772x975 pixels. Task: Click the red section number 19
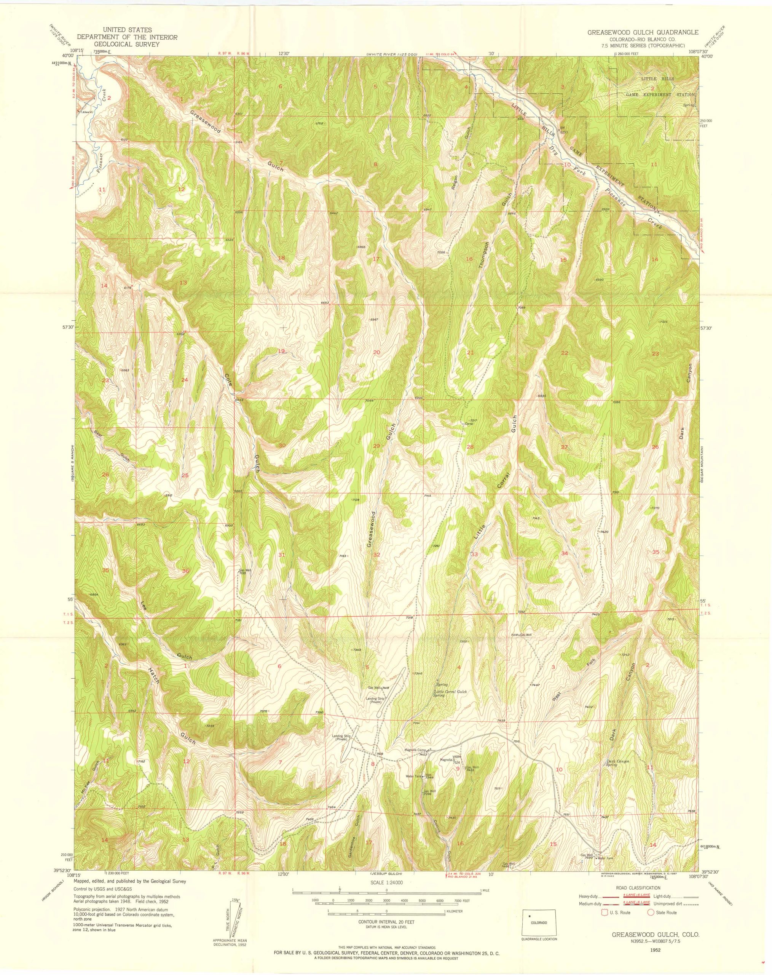281,351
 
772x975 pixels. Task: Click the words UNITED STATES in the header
126,29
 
